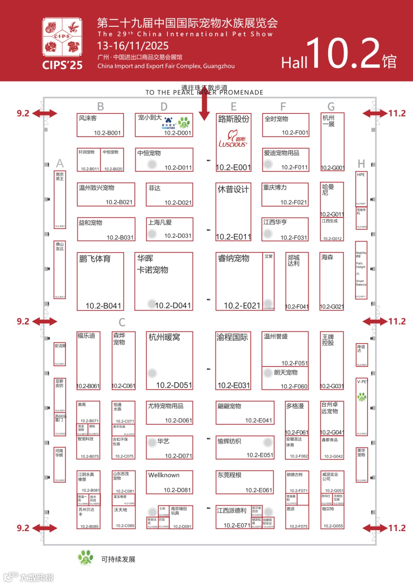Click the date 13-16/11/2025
[133, 46]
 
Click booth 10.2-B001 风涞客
[100, 125]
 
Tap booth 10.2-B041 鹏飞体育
[101, 281]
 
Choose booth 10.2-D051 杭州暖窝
[169, 360]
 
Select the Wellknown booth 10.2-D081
[169, 482]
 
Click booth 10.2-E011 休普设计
[233, 212]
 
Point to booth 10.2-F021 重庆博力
[285, 194]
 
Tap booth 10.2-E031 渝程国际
[233, 360]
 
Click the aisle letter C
[122, 322]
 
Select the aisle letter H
[361, 164]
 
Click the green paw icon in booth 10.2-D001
[184, 122]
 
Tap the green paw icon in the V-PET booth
[361, 397]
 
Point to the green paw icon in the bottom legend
[86, 557]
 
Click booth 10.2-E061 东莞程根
[245, 482]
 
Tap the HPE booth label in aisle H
[361, 175]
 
